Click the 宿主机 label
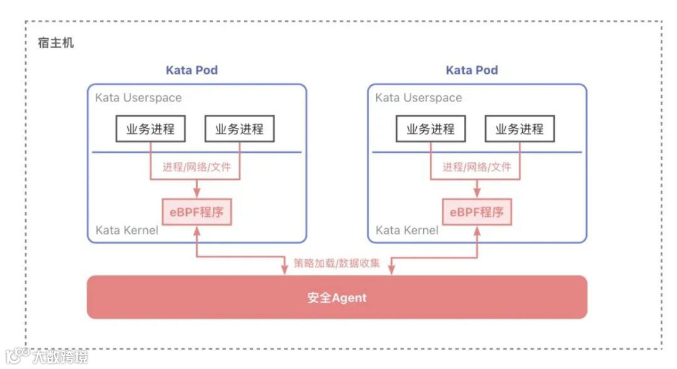click(x=56, y=43)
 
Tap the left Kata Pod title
click(x=191, y=70)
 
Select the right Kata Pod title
click(x=471, y=70)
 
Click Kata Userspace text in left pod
click(x=138, y=98)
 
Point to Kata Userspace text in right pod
click(x=418, y=98)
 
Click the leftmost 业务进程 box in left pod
click(x=150, y=130)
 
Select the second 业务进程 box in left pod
click(x=239, y=130)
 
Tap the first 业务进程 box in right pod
click(x=431, y=130)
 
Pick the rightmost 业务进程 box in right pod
click(x=520, y=130)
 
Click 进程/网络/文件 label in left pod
click(x=197, y=167)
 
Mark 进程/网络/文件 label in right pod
click(x=477, y=167)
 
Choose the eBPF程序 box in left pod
click(x=196, y=212)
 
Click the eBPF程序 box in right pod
click(x=476, y=212)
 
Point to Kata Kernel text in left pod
click(x=127, y=231)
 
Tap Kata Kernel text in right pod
click(x=407, y=231)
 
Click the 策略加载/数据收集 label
click(x=337, y=263)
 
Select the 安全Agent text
click(x=337, y=298)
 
